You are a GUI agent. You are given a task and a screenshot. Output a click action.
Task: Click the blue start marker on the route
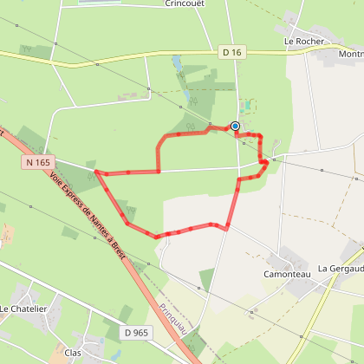[x=235, y=126]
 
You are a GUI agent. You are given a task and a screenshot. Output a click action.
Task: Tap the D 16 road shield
[x=231, y=53]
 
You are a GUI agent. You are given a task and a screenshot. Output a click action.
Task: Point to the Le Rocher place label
[x=303, y=41]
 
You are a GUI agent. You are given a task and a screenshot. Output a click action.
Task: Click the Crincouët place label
[x=184, y=3]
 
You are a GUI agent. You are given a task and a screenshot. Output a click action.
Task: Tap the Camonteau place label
[x=288, y=270]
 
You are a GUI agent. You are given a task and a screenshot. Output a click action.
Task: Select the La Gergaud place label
[x=340, y=269]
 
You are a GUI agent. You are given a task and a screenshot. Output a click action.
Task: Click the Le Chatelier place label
[x=23, y=309]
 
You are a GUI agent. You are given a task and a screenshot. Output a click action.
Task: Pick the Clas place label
[x=73, y=353]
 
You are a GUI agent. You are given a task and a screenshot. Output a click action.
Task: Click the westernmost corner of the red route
[x=94, y=172]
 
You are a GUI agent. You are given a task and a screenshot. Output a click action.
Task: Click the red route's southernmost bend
[x=157, y=236]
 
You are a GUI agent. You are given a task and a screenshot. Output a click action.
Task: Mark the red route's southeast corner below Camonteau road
[x=226, y=230]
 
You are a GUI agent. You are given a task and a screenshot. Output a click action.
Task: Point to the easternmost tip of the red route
[x=266, y=161]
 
